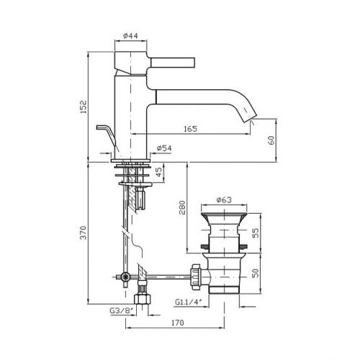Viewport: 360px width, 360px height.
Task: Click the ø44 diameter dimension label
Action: (x=130, y=36)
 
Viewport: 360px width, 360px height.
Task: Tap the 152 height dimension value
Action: (x=83, y=107)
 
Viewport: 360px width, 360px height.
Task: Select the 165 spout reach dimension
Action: (x=190, y=129)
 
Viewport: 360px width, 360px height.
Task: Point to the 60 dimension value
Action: (x=271, y=140)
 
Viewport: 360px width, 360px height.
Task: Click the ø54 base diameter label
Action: (x=164, y=148)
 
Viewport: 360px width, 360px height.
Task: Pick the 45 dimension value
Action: (x=159, y=172)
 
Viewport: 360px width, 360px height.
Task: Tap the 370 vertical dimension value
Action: (x=83, y=233)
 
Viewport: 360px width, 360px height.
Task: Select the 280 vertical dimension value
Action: (x=182, y=207)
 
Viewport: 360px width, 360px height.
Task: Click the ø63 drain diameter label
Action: (x=224, y=199)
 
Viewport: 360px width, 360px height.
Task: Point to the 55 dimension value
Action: (x=256, y=233)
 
